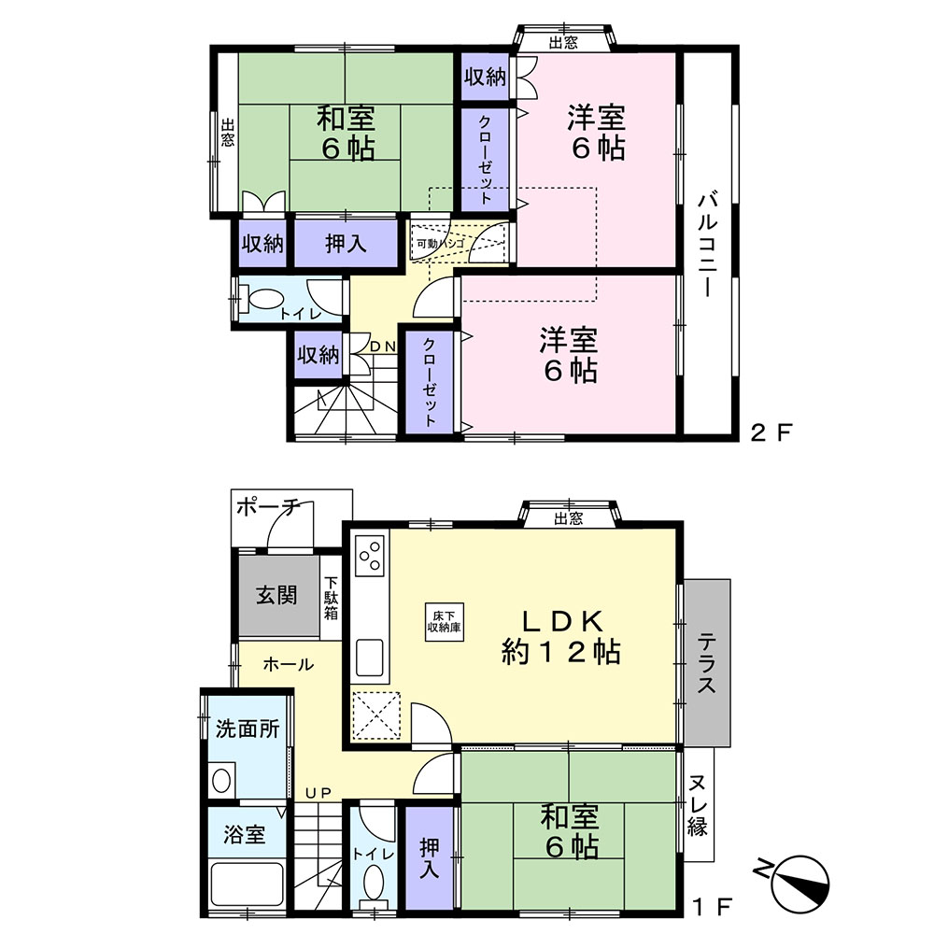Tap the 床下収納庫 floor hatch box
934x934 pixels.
(x=444, y=622)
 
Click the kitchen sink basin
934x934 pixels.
(x=369, y=658)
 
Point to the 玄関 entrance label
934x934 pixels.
(x=277, y=595)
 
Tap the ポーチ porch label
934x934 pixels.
(x=268, y=507)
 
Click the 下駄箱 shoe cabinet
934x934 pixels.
(x=332, y=597)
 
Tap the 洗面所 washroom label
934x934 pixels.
(x=248, y=729)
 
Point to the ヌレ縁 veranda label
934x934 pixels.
(x=698, y=806)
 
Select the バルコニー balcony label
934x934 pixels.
(x=708, y=243)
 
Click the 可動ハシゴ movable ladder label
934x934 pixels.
(x=440, y=244)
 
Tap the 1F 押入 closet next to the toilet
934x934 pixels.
(x=430, y=857)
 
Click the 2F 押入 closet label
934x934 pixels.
(x=346, y=244)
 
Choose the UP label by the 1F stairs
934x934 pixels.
(x=318, y=793)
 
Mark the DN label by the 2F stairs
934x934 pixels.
(x=382, y=347)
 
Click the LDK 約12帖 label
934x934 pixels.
(x=561, y=636)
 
